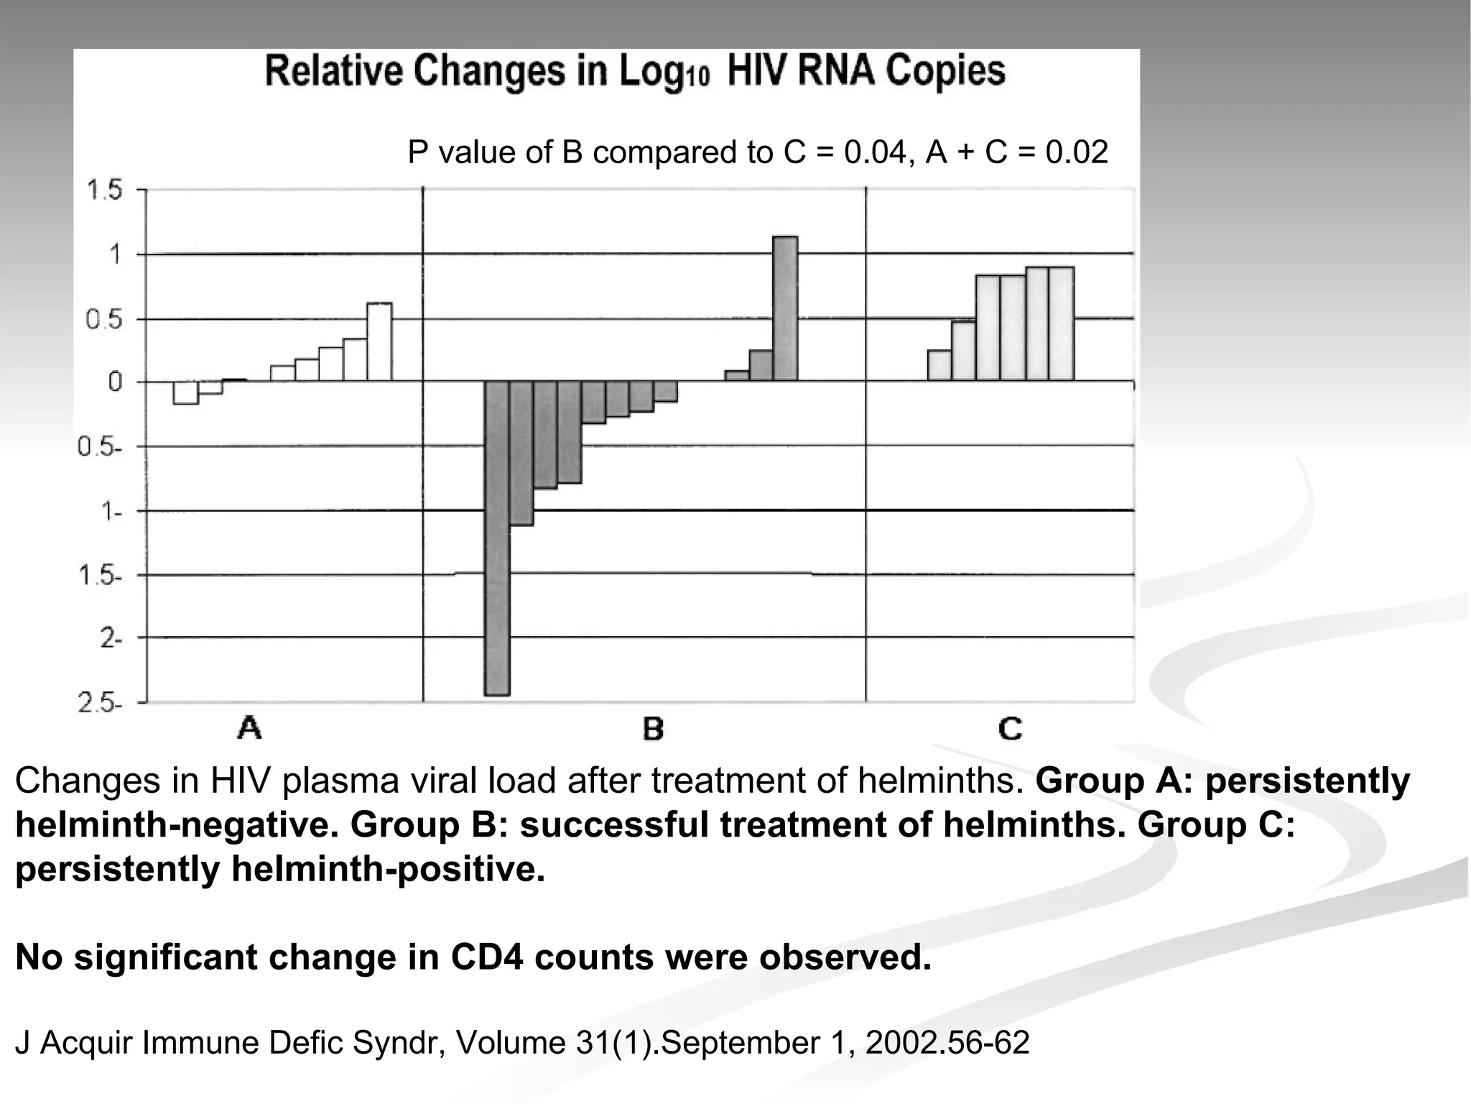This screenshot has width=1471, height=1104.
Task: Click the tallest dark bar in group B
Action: [x=784, y=309]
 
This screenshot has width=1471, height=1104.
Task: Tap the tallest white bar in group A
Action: [x=379, y=342]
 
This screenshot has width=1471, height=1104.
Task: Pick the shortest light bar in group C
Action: [x=939, y=365]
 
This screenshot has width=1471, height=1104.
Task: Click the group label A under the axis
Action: [x=249, y=729]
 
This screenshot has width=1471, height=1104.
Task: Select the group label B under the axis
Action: [x=652, y=729]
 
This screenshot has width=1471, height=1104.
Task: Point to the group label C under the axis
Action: [x=1010, y=729]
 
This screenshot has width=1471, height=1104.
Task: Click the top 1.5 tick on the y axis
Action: [x=105, y=191]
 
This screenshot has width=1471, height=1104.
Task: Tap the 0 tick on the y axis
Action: [x=115, y=382]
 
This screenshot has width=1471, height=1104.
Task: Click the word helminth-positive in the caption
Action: [x=387, y=869]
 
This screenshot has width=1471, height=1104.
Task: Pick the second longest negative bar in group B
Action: [x=521, y=453]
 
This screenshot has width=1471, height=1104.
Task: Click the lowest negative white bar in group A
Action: [x=185, y=392]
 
